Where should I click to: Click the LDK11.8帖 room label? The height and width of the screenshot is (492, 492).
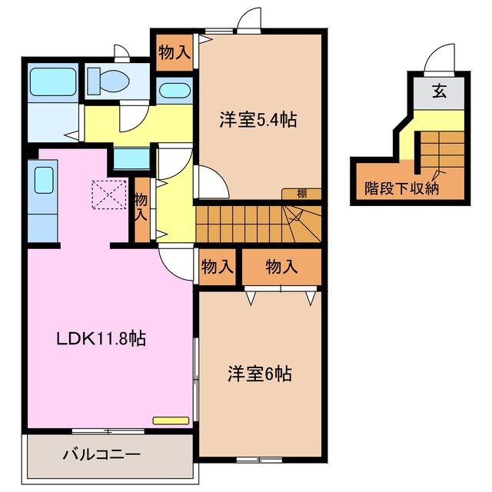click(101, 339)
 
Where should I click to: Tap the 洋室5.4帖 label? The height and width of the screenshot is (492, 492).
click(258, 120)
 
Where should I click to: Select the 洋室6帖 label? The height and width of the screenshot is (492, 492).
click(260, 374)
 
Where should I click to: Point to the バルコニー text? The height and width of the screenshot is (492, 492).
click(101, 454)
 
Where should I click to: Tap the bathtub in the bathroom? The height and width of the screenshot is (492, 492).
click(53, 82)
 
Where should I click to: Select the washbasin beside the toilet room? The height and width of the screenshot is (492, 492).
click(175, 91)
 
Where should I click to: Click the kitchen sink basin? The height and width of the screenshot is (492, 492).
click(44, 180)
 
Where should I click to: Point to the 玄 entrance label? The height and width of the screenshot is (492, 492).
click(439, 91)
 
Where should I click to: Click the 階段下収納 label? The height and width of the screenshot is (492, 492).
click(401, 188)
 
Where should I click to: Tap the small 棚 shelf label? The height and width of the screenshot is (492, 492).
click(301, 194)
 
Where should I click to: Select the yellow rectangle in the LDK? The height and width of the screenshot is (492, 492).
click(171, 421)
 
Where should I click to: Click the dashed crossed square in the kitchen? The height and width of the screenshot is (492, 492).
click(109, 194)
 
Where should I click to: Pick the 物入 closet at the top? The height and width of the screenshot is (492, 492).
click(175, 52)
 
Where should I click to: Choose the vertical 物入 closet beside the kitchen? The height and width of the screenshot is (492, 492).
click(142, 210)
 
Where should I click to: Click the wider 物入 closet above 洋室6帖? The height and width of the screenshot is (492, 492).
click(281, 267)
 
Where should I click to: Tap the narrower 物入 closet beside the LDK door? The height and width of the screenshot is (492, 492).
click(217, 267)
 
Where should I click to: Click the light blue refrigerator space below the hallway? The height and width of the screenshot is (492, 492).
click(131, 158)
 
